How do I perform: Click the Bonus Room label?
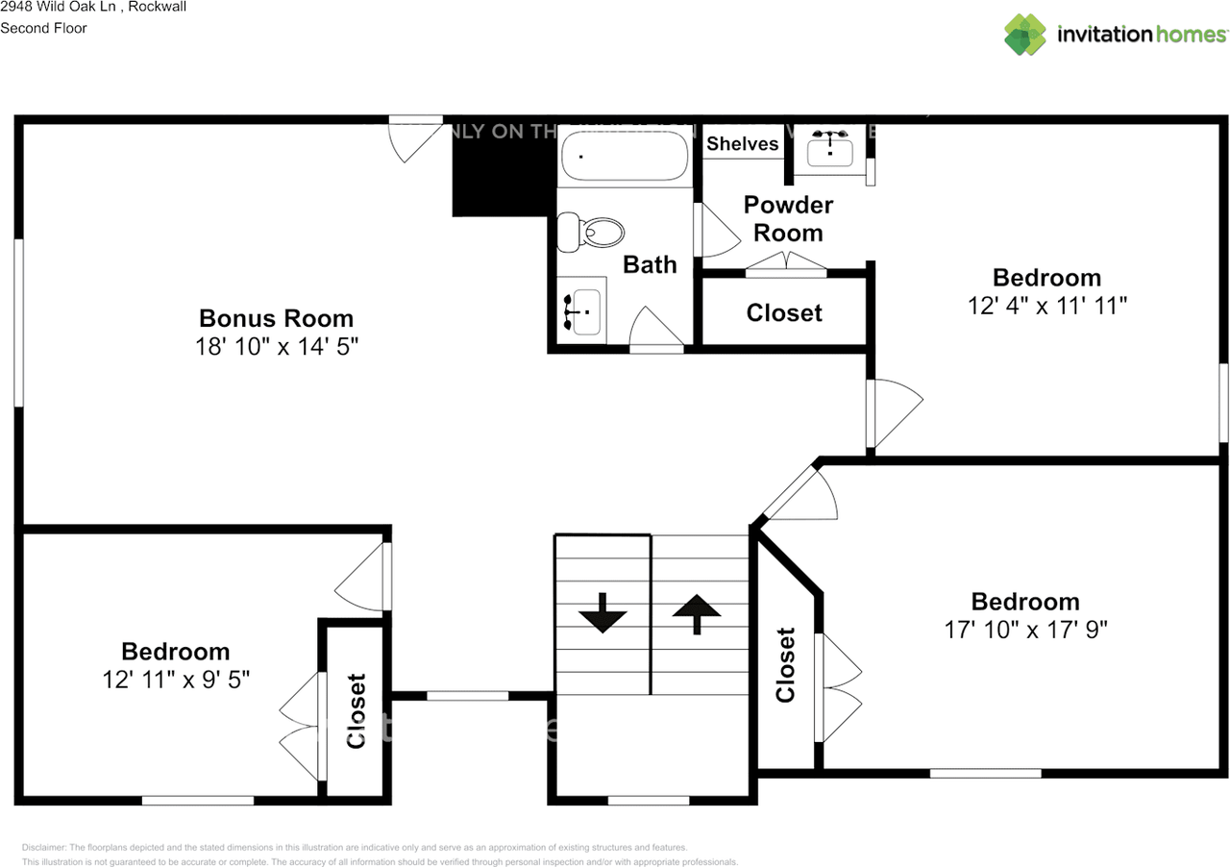pyautogui.click(x=276, y=318)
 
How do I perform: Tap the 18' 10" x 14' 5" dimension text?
pyautogui.click(x=276, y=346)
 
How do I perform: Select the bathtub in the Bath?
pyautogui.click(x=625, y=155)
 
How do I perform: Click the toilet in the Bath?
pyautogui.click(x=592, y=232)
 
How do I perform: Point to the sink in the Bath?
pyautogui.click(x=581, y=311)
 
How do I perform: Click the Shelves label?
pyautogui.click(x=742, y=144)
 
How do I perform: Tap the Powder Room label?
pyautogui.click(x=788, y=218)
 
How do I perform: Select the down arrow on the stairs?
pyautogui.click(x=603, y=612)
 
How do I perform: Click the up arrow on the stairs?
pyautogui.click(x=697, y=612)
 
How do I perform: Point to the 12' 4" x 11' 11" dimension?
pyautogui.click(x=1046, y=306)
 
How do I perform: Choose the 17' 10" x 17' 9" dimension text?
pyautogui.click(x=1025, y=630)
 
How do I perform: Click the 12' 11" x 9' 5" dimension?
pyautogui.click(x=176, y=680)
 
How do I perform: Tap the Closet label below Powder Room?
pyautogui.click(x=784, y=313)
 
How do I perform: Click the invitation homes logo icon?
pyautogui.click(x=1025, y=35)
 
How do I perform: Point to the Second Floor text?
pyautogui.click(x=43, y=28)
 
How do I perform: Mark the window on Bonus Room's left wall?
pyautogui.click(x=18, y=322)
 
